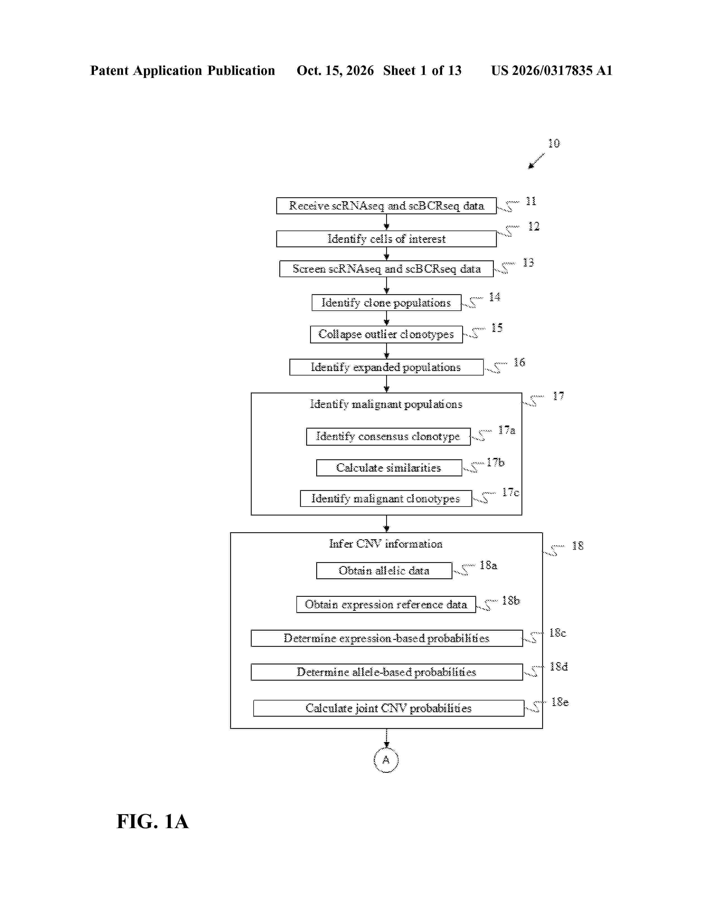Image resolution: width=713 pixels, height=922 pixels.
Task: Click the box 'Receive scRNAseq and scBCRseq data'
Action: [386, 206]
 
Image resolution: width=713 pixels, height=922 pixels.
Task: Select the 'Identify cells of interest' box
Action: [386, 239]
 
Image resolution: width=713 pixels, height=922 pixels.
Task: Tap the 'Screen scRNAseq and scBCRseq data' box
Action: [386, 269]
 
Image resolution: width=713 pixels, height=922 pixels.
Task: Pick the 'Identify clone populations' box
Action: [386, 303]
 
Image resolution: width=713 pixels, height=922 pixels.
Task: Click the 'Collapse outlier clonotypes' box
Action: [386, 334]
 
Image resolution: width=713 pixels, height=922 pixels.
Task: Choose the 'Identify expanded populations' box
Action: [386, 367]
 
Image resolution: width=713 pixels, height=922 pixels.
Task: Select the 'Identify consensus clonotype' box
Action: [388, 436]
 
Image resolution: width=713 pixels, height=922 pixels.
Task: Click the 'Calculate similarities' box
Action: [389, 468]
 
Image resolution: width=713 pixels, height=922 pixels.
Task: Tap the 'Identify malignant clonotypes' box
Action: [386, 498]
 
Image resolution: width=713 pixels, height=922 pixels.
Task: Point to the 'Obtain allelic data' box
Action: [384, 571]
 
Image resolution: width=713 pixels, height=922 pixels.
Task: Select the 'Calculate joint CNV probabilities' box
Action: [389, 708]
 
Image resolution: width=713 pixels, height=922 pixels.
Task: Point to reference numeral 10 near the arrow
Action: [554, 144]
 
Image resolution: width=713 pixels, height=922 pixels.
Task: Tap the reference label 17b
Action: [495, 463]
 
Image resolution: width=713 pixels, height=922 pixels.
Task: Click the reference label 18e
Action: [560, 702]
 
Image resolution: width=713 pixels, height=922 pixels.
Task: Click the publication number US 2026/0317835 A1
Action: [552, 70]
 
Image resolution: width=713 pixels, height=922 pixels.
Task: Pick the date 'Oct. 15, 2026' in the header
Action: [335, 70]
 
